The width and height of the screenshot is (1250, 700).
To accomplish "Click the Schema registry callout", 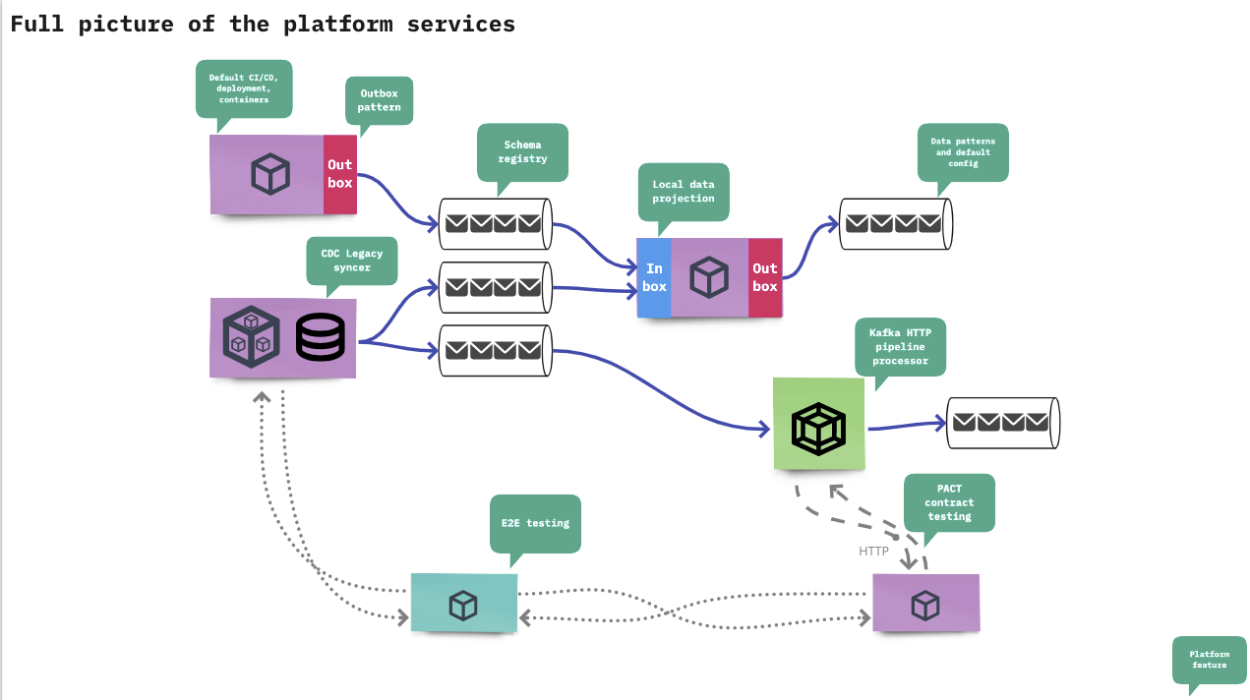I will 522,151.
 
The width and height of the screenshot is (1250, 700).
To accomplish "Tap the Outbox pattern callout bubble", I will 379,100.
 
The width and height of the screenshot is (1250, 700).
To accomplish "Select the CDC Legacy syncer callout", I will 351,261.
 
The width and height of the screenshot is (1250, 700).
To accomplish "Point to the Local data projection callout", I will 683,191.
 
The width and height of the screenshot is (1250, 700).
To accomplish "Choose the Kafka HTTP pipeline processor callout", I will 899,346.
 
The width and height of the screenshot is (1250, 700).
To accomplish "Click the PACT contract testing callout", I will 948,502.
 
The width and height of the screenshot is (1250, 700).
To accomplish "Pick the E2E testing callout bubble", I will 534,523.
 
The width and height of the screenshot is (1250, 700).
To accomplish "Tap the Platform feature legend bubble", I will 1209,660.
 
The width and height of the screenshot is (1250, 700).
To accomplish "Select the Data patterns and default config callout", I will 963,152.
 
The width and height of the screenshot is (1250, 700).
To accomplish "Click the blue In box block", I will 654,277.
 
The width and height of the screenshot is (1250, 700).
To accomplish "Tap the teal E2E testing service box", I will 463,604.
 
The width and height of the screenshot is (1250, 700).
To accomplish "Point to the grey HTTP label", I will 873,552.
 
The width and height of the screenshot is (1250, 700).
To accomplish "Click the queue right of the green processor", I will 1002,423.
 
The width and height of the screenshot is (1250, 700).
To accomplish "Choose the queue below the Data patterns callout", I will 896,224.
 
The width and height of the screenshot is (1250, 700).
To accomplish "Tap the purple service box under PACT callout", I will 925,604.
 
